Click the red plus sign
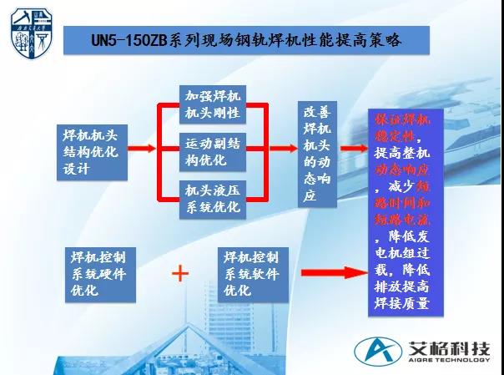[179, 272]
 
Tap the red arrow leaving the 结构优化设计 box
[142, 149]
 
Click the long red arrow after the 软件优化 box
[330, 271]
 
